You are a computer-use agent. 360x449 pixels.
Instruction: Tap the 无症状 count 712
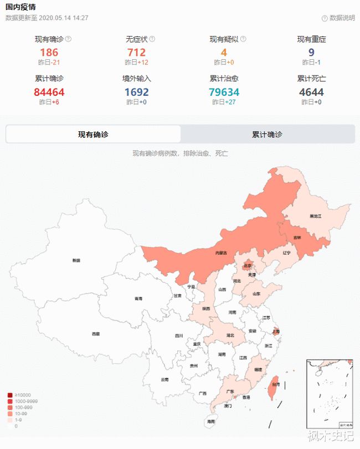tap(136, 53)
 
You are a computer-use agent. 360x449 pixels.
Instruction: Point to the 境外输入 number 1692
tap(136, 92)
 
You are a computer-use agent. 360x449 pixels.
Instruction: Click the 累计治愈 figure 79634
tap(224, 92)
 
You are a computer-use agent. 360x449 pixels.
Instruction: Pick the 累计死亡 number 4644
tap(311, 92)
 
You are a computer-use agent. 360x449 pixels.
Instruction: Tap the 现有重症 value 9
tap(311, 53)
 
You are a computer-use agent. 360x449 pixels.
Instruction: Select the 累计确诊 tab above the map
tap(267, 135)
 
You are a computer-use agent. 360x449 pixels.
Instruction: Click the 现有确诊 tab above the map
tap(93, 135)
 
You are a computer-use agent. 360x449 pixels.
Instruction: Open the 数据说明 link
tap(338, 18)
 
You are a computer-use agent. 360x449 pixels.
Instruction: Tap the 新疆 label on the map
tap(76, 260)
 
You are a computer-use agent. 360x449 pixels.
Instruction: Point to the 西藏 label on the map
tap(96, 334)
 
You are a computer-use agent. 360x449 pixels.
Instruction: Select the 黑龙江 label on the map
tap(316, 215)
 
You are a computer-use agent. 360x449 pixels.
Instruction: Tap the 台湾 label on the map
tap(275, 384)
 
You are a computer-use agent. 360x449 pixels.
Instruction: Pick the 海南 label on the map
tap(210, 422)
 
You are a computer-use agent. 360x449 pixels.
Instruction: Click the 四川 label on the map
tap(179, 336)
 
